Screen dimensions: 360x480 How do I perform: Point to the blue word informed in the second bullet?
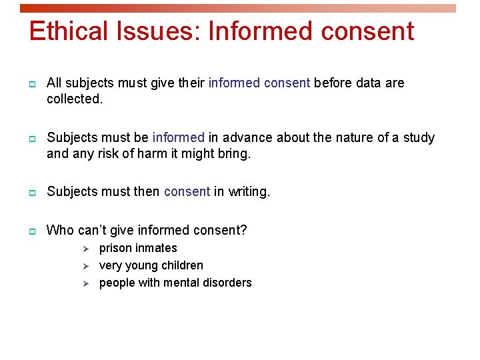[x=178, y=138]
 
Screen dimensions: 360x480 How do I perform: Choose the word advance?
[x=248, y=138]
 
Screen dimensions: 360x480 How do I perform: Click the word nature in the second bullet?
[x=354, y=138]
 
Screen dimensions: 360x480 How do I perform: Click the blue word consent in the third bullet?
[x=187, y=192]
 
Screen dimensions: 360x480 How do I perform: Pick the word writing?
[x=249, y=192]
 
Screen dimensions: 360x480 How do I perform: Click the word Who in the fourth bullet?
[x=60, y=231]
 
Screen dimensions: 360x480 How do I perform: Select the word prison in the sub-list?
[x=115, y=248]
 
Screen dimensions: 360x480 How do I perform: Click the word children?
[x=181, y=265]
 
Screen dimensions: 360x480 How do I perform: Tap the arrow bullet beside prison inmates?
[x=85, y=249]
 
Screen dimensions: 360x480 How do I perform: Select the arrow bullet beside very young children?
[x=85, y=266]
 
